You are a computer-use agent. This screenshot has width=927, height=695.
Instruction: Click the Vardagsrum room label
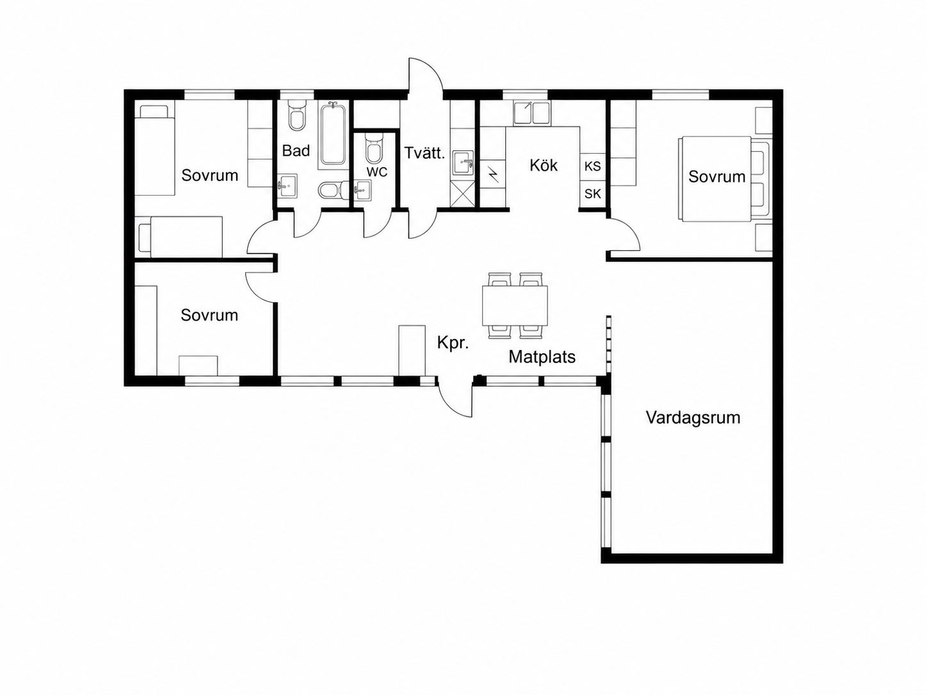point(693,418)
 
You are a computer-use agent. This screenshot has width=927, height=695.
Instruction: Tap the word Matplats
point(542,357)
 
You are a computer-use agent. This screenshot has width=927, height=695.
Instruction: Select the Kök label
point(544,165)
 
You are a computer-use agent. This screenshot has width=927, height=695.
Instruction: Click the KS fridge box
point(593,166)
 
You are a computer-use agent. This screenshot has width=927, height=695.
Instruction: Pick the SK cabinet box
point(593,194)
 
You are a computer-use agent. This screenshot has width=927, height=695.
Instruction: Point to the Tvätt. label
point(425,153)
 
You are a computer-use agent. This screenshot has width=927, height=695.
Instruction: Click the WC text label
point(376,172)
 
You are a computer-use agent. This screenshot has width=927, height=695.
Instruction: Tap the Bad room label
point(296,150)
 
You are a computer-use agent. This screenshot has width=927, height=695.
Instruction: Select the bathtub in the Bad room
point(333,134)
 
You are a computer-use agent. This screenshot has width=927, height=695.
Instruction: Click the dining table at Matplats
point(515,305)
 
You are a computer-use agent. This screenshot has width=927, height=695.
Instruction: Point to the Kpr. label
point(453,343)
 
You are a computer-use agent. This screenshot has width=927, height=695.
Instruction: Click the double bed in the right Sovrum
point(724,179)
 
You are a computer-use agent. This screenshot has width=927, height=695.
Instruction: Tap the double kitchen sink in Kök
point(532,113)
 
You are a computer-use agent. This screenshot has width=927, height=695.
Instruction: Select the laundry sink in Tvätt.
point(463,163)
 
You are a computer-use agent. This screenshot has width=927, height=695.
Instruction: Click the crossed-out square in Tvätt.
point(462,194)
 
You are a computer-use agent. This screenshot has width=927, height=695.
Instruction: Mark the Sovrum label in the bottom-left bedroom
point(209,316)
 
